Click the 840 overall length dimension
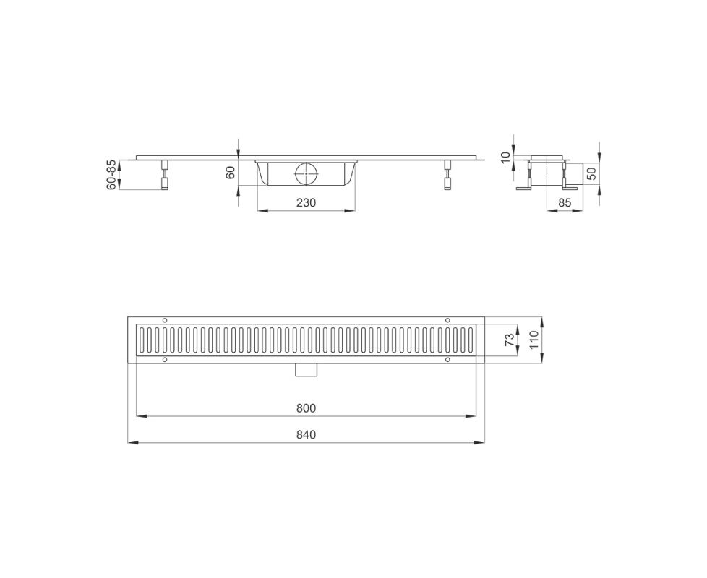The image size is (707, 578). (x=307, y=435)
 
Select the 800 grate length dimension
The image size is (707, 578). (x=307, y=409)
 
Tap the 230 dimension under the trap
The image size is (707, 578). (x=307, y=203)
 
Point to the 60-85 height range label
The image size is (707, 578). (x=111, y=175)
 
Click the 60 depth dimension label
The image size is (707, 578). (x=231, y=173)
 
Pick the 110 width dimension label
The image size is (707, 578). (x=534, y=340)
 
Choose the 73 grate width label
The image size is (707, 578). (x=510, y=340)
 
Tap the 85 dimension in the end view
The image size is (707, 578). (x=565, y=203)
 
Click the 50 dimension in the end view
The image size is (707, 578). (x=591, y=173)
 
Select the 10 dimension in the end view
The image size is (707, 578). (x=505, y=158)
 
